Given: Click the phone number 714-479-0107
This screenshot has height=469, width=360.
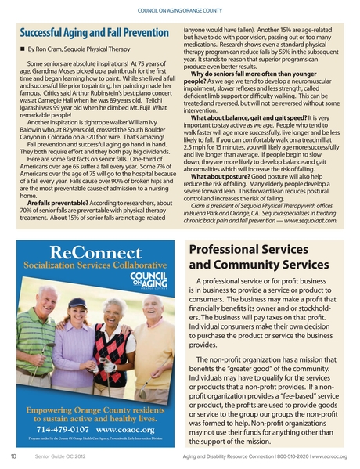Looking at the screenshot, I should [x=62, y=430].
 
